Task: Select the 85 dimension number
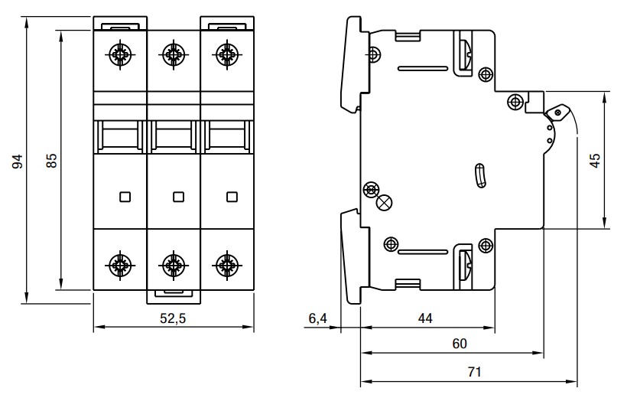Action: click(52, 161)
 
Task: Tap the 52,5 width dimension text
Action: click(172, 320)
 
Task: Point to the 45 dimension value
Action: click(596, 161)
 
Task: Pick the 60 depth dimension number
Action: click(459, 344)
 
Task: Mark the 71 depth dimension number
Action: click(474, 372)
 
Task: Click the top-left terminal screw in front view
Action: click(119, 53)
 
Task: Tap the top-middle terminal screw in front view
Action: click(173, 53)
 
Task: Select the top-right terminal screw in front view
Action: click(226, 53)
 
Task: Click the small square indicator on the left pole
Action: click(125, 197)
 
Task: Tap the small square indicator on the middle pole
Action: click(178, 197)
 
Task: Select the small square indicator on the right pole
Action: click(231, 197)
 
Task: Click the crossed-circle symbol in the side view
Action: click(385, 203)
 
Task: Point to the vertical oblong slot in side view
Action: click(479, 176)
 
